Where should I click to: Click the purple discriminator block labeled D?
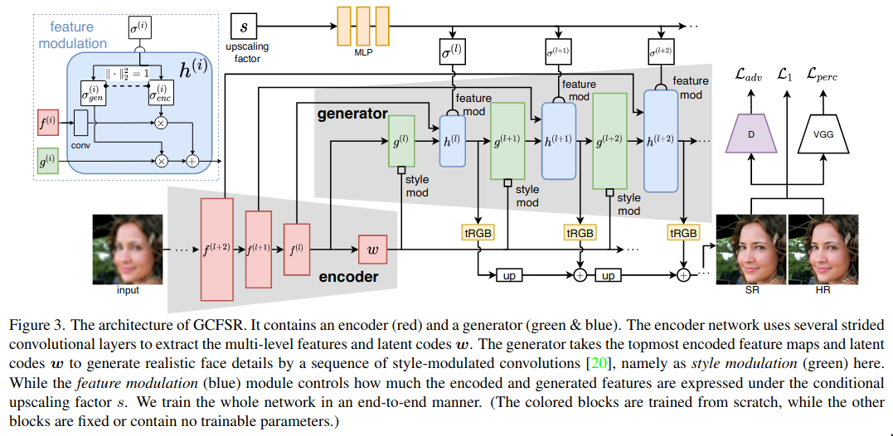749,135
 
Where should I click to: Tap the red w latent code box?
372,247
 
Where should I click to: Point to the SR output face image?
750,248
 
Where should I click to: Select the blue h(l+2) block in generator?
660,141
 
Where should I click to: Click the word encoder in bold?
348,277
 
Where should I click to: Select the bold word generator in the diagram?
352,113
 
